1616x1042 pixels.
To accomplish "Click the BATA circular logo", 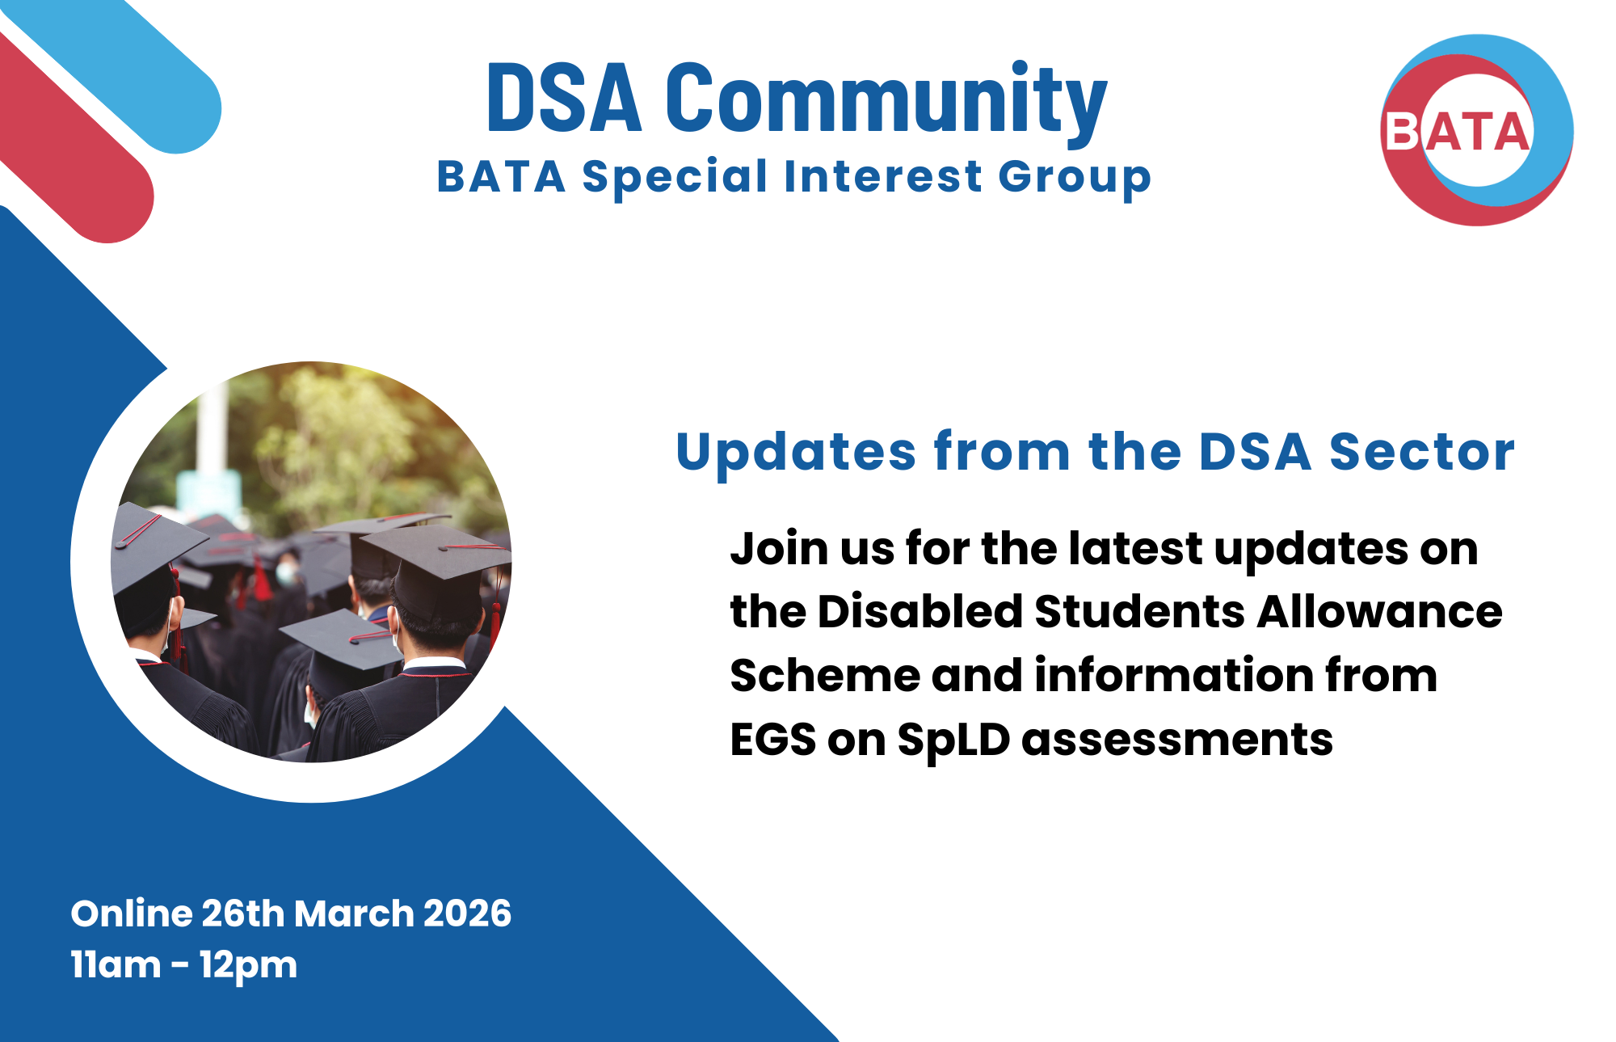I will [x=1477, y=130].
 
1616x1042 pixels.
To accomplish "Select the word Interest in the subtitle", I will [x=882, y=176].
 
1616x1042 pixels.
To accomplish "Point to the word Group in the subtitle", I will [x=1074, y=178].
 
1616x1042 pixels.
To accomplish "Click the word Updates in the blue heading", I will [x=796, y=452].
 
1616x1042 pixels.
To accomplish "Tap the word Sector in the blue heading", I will [x=1421, y=452].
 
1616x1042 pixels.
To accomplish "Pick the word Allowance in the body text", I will [x=1379, y=611].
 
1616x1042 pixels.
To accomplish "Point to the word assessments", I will [x=1176, y=740].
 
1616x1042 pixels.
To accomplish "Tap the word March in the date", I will [x=354, y=913].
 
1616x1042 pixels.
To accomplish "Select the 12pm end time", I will [x=248, y=965].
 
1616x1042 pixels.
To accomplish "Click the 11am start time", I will [x=116, y=965].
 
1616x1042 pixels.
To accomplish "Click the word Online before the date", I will [x=130, y=913].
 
